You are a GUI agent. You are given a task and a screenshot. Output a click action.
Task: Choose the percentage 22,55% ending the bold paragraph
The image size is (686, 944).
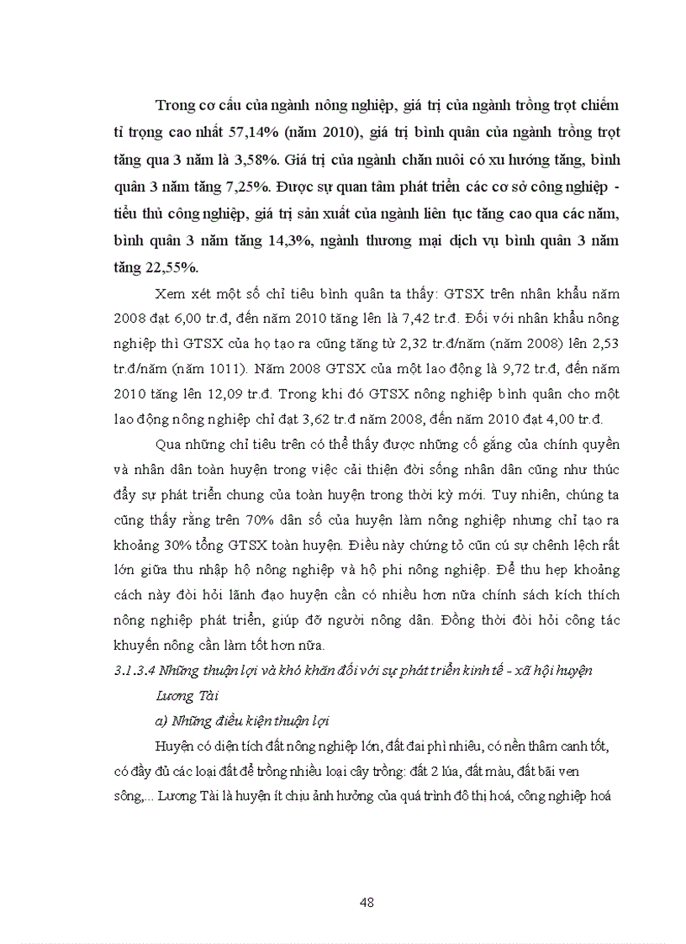[x=172, y=266]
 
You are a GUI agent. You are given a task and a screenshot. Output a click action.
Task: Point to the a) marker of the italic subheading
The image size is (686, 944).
[x=161, y=720]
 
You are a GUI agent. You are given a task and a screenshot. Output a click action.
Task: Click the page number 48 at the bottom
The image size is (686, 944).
[x=366, y=902]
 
